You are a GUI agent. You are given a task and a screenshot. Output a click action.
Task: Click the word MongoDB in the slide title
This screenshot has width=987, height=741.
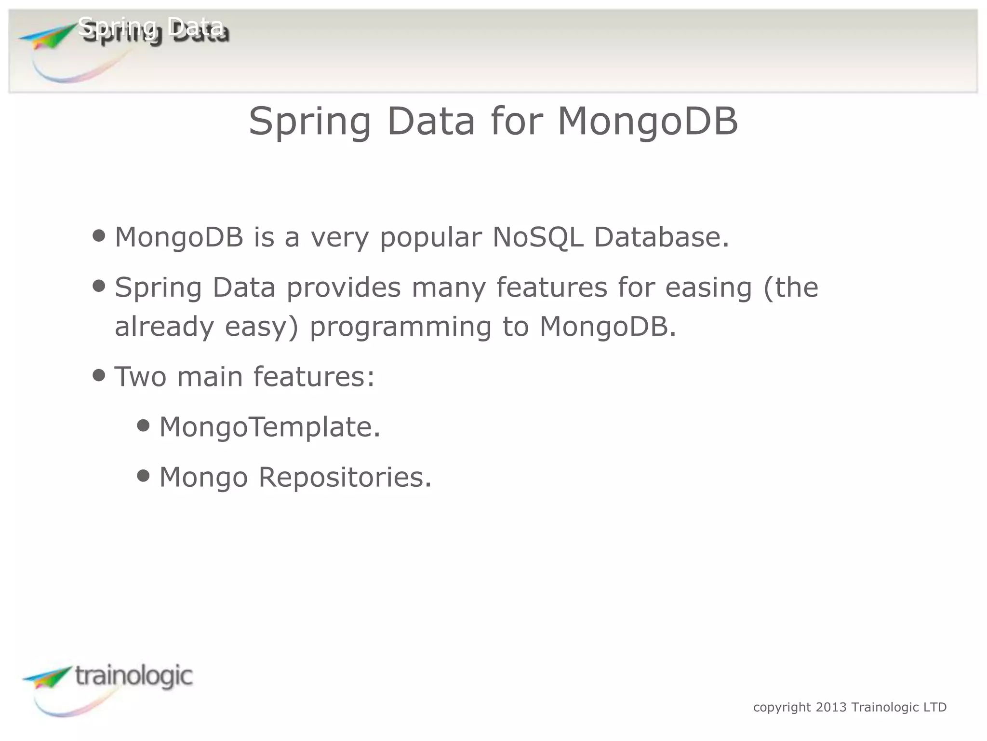[x=647, y=122]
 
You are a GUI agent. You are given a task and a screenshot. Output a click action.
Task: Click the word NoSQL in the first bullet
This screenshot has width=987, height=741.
[x=538, y=237]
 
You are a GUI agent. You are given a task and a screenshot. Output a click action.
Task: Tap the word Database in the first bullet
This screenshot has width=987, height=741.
[x=661, y=237]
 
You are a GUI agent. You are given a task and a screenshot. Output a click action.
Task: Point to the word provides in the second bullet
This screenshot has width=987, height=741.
[x=343, y=288]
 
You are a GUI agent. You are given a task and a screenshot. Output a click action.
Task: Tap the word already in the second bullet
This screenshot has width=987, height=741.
[x=164, y=327]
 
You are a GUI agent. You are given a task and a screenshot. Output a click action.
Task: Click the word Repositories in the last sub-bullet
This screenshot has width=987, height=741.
[x=345, y=478]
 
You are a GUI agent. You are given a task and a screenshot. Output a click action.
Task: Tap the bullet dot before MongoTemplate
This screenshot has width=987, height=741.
[x=143, y=425]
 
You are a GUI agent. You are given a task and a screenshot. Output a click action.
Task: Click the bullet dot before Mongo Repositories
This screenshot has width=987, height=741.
[x=143, y=476]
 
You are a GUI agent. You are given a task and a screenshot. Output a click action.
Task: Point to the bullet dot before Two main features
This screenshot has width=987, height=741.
[x=99, y=375]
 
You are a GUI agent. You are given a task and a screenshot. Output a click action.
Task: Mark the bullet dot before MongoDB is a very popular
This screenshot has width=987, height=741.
[x=99, y=236]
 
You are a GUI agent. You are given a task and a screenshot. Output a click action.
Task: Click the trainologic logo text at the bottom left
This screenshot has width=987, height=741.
[x=133, y=676]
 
